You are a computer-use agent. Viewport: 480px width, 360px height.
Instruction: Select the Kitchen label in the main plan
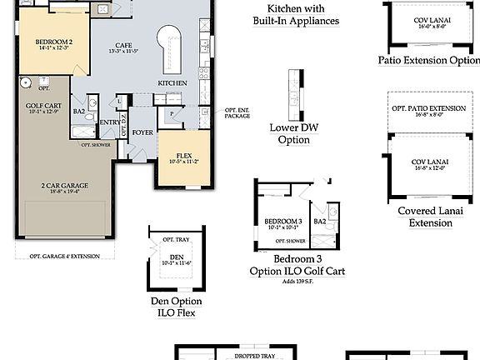point(172,83)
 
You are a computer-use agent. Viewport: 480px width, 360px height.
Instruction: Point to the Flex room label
point(184,155)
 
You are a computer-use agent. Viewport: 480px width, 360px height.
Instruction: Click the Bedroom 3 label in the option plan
point(282,222)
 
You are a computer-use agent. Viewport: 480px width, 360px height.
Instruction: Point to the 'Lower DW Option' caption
point(290,134)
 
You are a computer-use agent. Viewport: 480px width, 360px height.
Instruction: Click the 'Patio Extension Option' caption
point(429,60)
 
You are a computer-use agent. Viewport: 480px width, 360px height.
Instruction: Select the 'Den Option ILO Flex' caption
point(176,307)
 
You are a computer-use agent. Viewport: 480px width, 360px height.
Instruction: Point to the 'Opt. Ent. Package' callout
point(237,112)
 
